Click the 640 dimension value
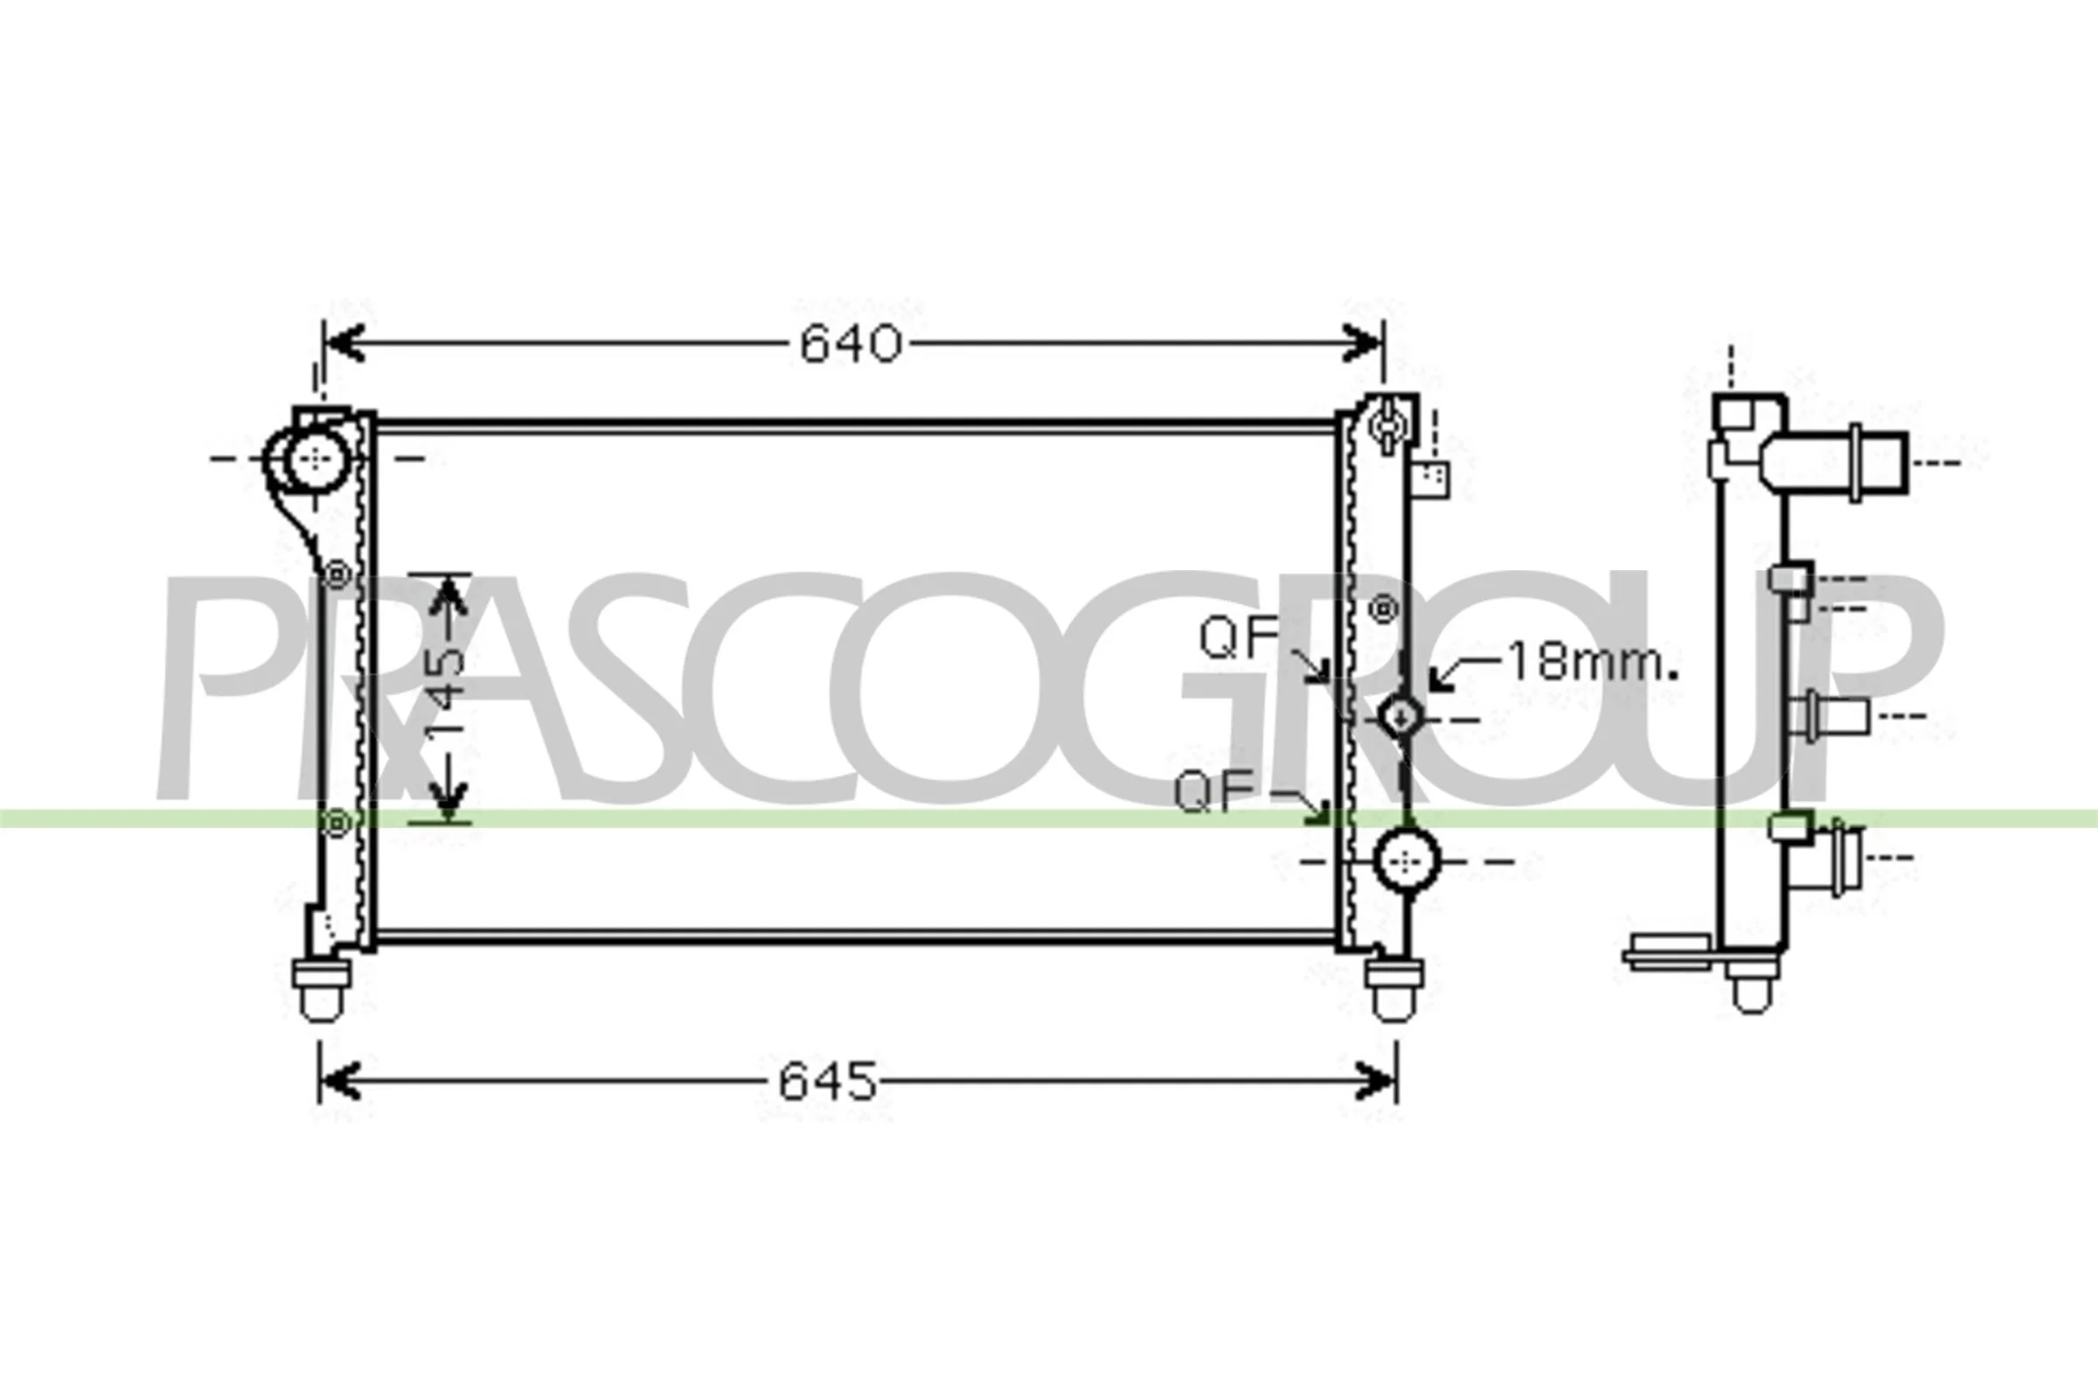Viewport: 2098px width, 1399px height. [x=850, y=345]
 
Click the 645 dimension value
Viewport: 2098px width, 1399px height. [x=828, y=1082]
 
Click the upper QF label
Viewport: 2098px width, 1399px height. [x=1239, y=637]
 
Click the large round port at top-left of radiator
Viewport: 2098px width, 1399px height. [x=314, y=458]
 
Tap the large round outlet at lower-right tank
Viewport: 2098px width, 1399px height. [x=1407, y=861]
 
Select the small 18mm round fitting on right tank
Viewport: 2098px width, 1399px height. [x=1400, y=715]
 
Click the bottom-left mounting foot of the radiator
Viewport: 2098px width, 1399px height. [x=322, y=988]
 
